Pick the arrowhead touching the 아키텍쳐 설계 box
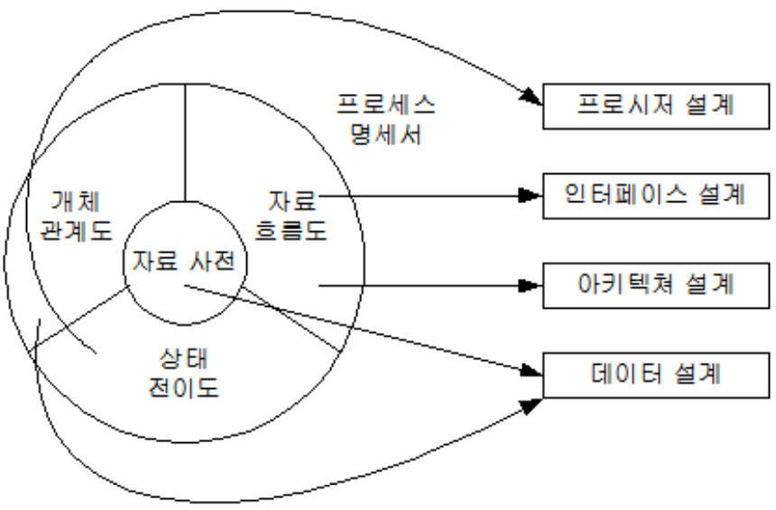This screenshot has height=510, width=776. point(531,287)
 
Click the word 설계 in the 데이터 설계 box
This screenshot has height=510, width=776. point(696,372)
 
